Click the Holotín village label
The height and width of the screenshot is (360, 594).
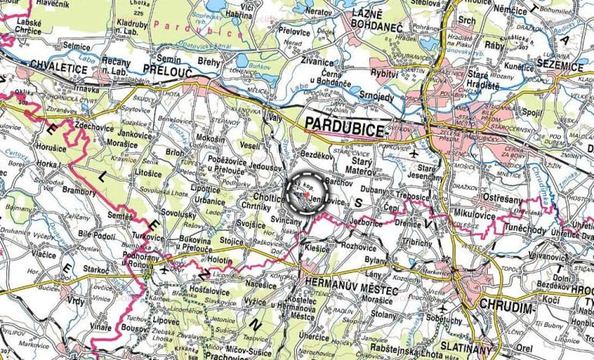[224, 261]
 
